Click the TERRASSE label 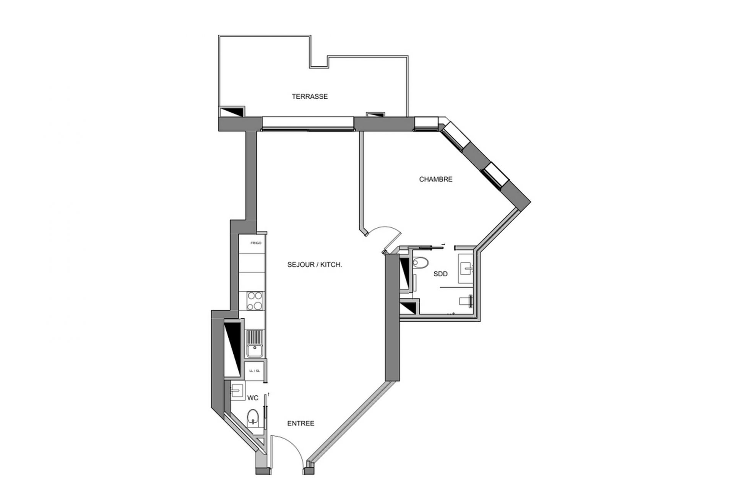[310, 96]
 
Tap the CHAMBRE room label [435, 179]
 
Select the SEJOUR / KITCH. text [314, 264]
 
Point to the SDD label [440, 274]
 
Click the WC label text [253, 398]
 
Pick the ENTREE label [300, 423]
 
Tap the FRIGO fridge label [256, 243]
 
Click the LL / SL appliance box [255, 371]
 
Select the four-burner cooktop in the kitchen [255, 301]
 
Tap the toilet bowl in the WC [252, 418]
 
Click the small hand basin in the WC [237, 391]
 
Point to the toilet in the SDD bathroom [421, 263]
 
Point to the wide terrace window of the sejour [308, 123]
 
